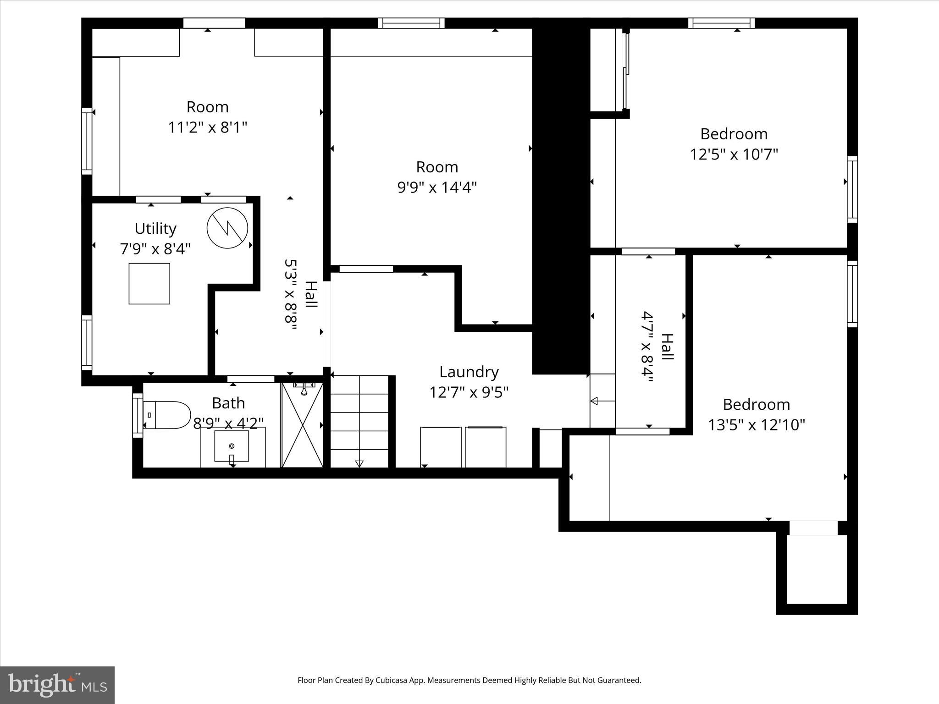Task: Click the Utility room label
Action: (155, 228)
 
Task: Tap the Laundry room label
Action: (469, 372)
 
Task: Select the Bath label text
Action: (228, 403)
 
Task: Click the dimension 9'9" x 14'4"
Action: (437, 187)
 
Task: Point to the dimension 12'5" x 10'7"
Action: (734, 154)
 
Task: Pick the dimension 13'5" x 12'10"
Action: (757, 425)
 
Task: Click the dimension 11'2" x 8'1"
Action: (208, 127)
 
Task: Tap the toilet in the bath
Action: (167, 415)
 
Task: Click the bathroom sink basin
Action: (232, 446)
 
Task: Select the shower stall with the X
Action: (303, 425)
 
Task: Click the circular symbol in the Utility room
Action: (227, 228)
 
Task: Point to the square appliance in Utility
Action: (149, 284)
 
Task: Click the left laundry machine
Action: (441, 447)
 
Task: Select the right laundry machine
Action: (486, 447)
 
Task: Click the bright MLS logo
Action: (57, 685)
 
